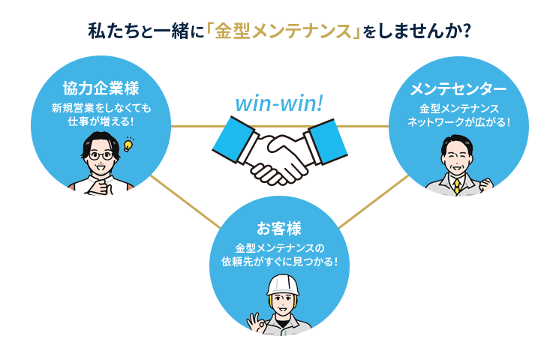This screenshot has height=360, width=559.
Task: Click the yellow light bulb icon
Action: coord(128,143)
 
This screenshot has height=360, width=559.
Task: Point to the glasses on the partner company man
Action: coord(101,155)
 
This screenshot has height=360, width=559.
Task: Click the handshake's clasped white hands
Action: coord(279,158)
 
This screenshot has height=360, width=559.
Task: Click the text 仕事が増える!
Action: coord(101,121)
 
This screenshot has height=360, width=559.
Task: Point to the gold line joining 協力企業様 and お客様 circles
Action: coord(185,202)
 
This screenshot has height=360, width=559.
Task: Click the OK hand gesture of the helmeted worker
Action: coord(259,322)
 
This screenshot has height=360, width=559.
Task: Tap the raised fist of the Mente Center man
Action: coord(488,181)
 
